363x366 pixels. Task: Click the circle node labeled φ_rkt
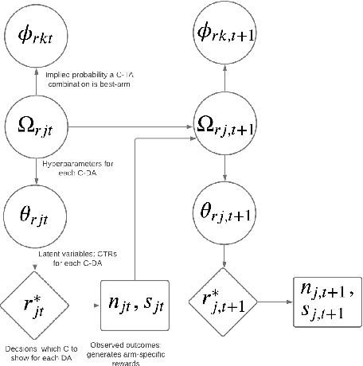point(36,36)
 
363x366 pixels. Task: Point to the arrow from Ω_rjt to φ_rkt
point(36,80)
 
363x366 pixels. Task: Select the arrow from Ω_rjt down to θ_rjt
point(36,169)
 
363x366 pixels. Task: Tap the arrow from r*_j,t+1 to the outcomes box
point(274,302)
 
